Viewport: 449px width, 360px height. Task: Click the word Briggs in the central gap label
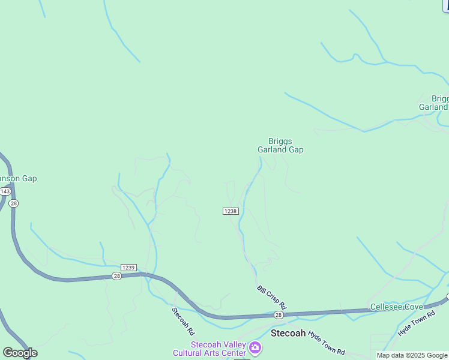tap(280, 141)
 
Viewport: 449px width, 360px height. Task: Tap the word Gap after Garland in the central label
tap(296, 150)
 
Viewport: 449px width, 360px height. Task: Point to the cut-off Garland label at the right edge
tap(433, 107)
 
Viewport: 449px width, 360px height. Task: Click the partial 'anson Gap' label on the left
tap(18, 179)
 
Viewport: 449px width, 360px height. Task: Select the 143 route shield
tap(5, 191)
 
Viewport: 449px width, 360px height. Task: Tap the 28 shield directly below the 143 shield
tap(14, 203)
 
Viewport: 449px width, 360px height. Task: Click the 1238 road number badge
tap(231, 211)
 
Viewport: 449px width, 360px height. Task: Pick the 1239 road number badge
tap(128, 268)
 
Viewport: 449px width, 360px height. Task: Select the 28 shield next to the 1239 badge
tap(116, 276)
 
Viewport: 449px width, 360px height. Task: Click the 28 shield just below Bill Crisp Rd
tap(279, 315)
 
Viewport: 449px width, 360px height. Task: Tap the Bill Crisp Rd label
tap(272, 298)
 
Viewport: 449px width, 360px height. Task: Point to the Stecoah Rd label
tap(184, 322)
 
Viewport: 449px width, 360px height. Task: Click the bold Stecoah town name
tap(289, 333)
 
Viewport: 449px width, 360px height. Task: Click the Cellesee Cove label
tap(396, 307)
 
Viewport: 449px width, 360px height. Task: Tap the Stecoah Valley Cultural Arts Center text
tap(209, 349)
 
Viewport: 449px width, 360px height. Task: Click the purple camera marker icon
tap(255, 348)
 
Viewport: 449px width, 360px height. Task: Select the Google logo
tap(20, 353)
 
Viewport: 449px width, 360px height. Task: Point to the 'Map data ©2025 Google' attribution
tap(412, 356)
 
